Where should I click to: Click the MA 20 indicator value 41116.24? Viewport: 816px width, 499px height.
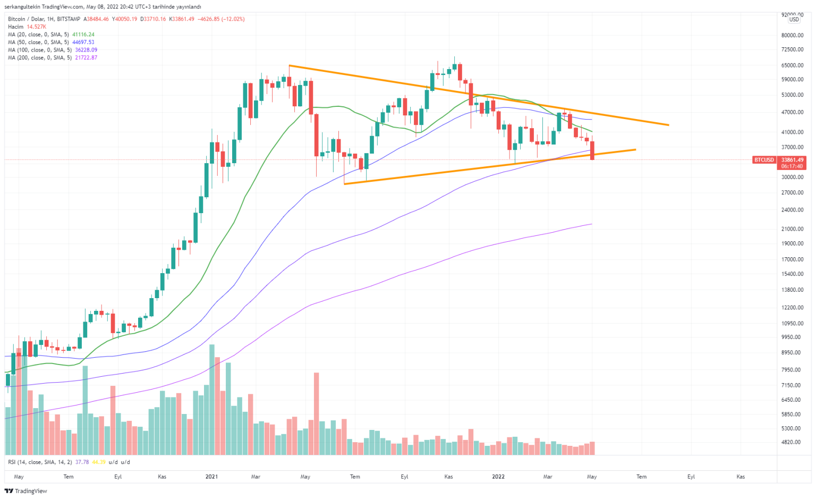[x=83, y=35]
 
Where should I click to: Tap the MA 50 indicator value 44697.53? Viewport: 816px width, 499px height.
[x=83, y=42]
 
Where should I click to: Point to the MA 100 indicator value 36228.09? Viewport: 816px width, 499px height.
[x=86, y=50]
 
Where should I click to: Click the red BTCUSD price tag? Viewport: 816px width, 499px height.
[x=764, y=160]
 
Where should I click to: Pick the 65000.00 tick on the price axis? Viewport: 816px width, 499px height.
[x=792, y=65]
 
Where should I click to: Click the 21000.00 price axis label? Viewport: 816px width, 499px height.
[x=792, y=229]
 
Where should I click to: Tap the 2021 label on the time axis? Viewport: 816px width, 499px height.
[x=211, y=477]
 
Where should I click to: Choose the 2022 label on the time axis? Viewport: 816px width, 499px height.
[x=498, y=477]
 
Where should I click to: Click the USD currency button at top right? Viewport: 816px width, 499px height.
[x=794, y=20]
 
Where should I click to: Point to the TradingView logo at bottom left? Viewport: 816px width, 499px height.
[x=26, y=491]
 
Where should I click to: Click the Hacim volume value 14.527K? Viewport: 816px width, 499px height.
[x=36, y=27]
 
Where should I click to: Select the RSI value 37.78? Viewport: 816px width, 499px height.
[x=82, y=462]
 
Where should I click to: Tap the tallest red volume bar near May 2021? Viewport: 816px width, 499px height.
[x=317, y=413]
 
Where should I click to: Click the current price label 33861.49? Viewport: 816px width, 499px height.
[x=792, y=159]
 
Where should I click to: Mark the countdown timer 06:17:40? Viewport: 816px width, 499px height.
[x=792, y=166]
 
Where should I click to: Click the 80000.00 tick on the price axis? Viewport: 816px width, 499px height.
[x=792, y=36]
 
